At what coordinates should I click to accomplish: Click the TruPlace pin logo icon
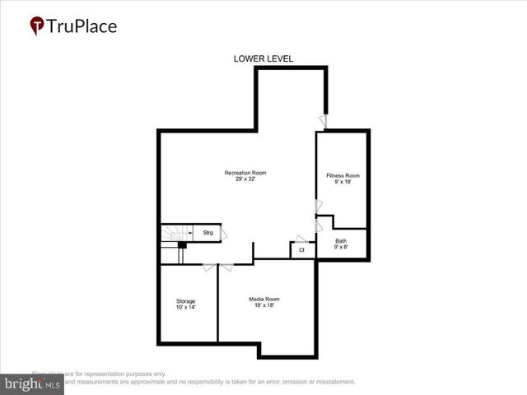coord(36,26)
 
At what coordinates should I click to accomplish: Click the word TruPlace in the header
coord(82,26)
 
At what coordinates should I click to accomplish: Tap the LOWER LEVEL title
coord(263,58)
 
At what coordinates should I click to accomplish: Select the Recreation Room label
coord(245,173)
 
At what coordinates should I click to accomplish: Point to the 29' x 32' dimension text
coord(245,179)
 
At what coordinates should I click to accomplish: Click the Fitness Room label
coord(343,176)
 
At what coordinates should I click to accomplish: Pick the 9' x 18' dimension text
coord(343,183)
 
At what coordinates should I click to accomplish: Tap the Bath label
coord(341,241)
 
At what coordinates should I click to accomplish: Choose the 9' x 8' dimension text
coord(341,248)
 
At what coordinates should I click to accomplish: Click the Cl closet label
coord(301,249)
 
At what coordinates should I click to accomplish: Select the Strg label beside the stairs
coord(208,233)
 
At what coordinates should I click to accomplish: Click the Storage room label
coord(185,301)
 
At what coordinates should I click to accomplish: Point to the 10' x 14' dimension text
coord(185,308)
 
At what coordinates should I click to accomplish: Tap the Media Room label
coord(264,299)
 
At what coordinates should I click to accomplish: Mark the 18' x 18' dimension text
coord(264,305)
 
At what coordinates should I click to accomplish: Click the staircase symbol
coord(173,235)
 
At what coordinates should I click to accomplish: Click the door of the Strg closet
coord(225,234)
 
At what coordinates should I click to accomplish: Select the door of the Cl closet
coord(302,239)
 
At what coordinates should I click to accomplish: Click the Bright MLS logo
coord(32,384)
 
